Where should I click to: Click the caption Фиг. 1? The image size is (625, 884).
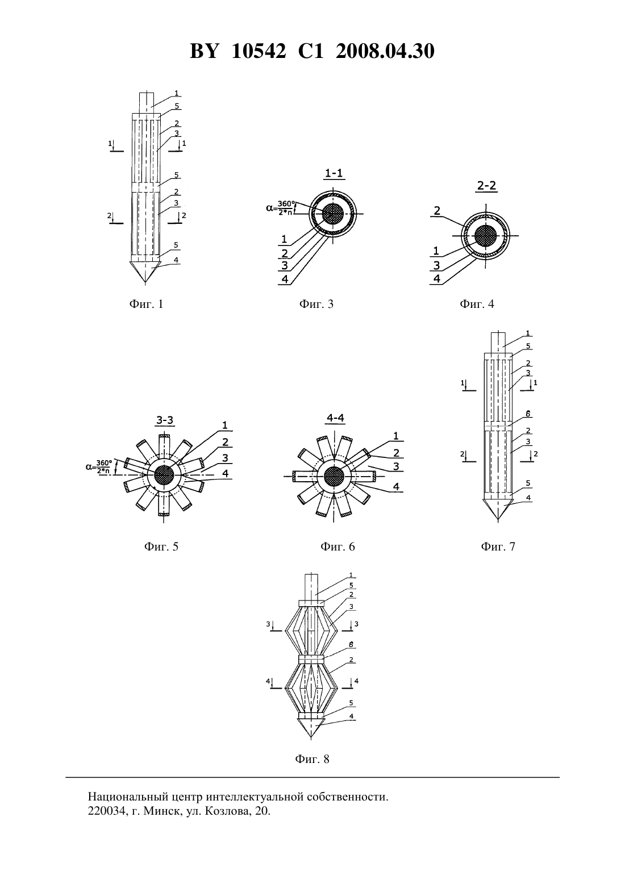pos(146,304)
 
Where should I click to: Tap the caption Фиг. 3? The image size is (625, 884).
pos(316,304)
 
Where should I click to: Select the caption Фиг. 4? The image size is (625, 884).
pos(477,304)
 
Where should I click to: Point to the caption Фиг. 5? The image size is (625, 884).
pos(161,547)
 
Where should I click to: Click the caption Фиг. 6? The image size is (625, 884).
pos(338,547)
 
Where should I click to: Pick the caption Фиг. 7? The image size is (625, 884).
pos(498,547)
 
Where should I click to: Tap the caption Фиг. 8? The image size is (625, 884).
pos(312,759)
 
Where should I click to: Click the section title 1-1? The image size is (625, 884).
pos(334,173)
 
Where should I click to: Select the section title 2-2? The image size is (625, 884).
pos(486,185)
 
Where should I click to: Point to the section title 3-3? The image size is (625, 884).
pos(165,420)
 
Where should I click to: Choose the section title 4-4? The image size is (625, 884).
pos(335,418)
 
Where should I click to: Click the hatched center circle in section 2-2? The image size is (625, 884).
pos(486,236)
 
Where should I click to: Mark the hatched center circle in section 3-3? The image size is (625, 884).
pos(164,475)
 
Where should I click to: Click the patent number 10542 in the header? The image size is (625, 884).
pos(259,51)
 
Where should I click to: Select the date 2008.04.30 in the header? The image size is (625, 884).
pos(385,51)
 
